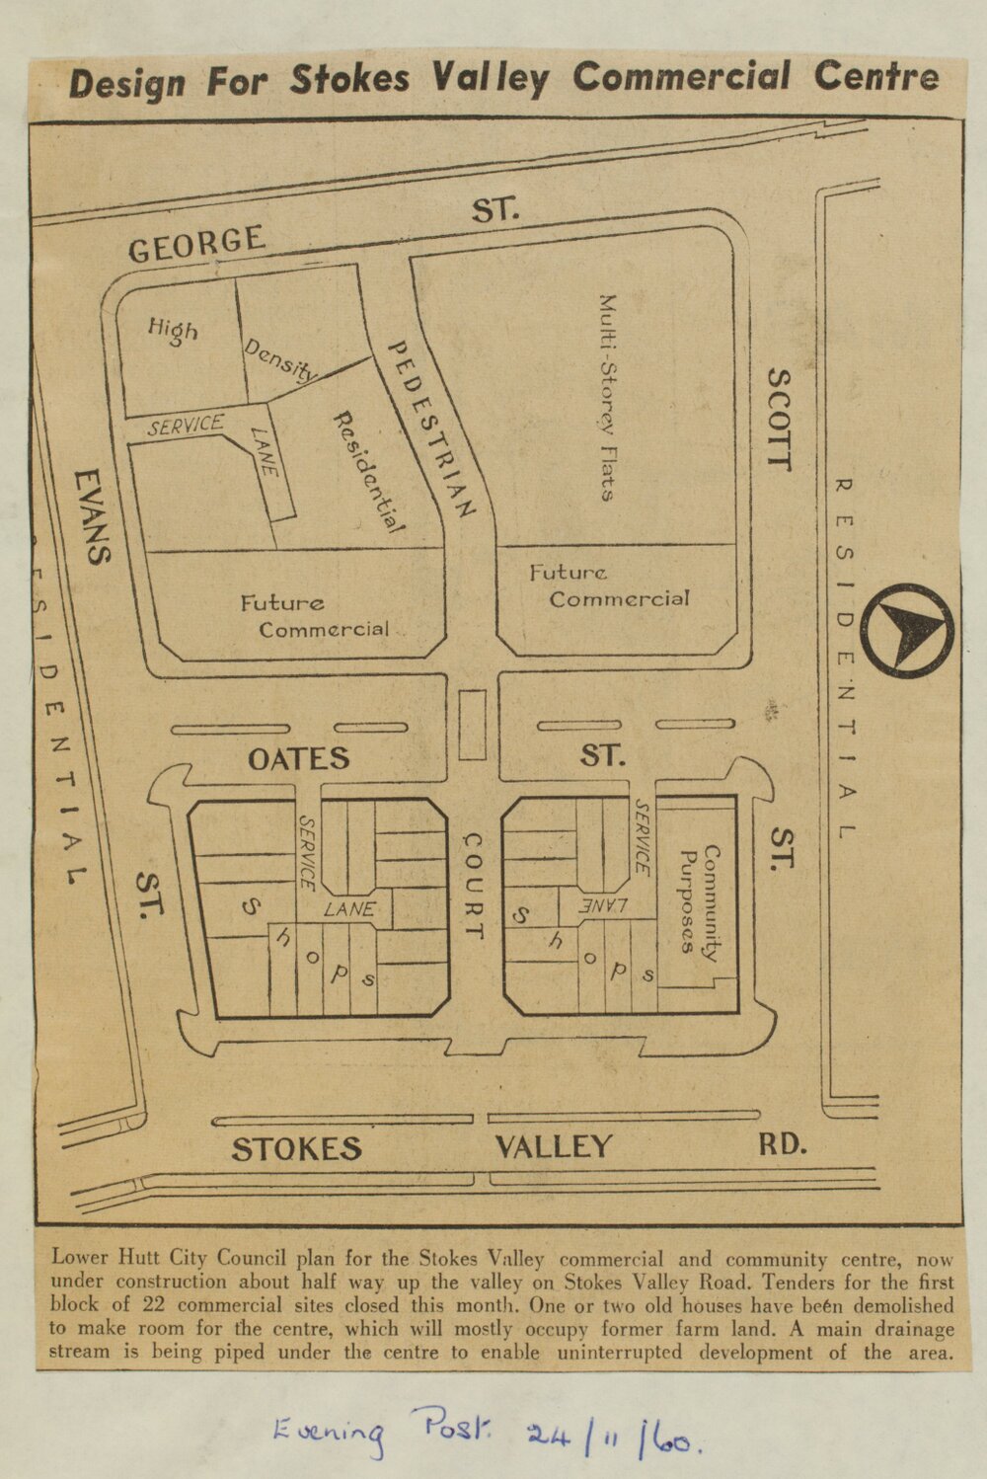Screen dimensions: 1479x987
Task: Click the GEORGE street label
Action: (196, 243)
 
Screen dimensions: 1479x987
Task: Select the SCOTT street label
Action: (779, 420)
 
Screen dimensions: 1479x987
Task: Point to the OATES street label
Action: (298, 758)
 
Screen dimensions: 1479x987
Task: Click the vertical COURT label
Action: (474, 887)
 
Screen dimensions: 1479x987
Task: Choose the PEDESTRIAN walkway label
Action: (431, 429)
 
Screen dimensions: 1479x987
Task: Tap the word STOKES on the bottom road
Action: (297, 1148)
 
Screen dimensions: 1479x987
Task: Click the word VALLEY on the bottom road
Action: (553, 1146)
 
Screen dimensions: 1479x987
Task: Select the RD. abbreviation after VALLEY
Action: (783, 1144)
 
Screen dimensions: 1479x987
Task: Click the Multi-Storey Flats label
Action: (607, 397)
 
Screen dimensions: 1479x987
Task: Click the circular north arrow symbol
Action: (906, 631)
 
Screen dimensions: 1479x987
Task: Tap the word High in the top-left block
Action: (173, 331)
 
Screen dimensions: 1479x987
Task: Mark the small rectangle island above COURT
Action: (473, 725)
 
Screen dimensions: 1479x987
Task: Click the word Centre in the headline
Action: (875, 76)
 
